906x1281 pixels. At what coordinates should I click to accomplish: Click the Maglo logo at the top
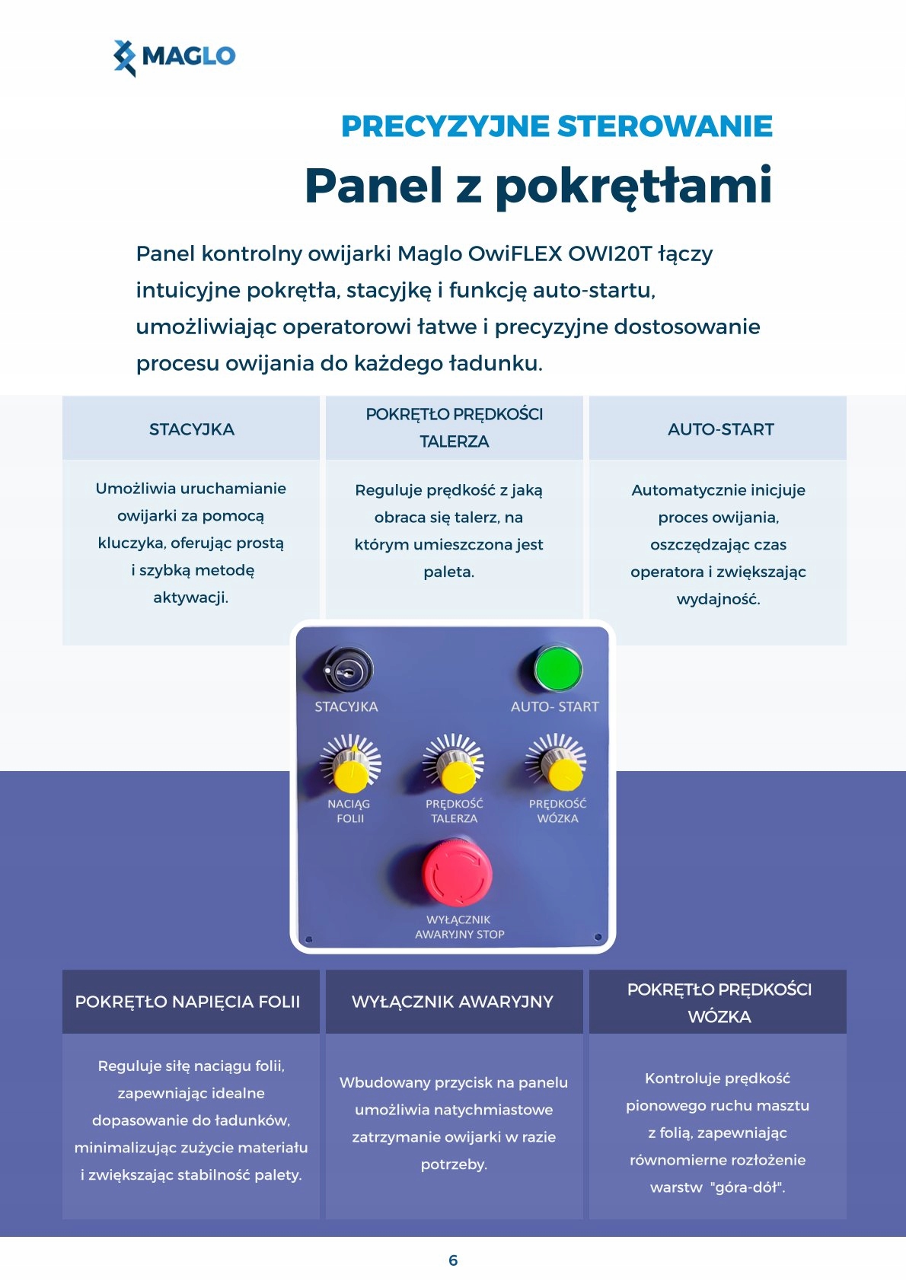click(174, 57)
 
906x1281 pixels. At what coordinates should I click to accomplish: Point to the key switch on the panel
click(348, 670)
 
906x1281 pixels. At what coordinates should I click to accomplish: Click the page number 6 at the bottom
click(453, 1260)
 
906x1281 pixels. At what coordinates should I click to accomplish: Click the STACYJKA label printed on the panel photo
click(346, 707)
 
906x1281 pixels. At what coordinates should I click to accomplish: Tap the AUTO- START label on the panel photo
click(554, 707)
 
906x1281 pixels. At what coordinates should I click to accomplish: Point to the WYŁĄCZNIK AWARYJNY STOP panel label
click(459, 927)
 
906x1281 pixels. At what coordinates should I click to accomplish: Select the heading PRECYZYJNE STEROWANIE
click(557, 126)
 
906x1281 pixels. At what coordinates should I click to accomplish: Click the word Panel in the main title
click(373, 186)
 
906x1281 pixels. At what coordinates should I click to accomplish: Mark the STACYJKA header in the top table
click(192, 429)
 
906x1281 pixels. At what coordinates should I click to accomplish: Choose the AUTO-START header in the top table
click(720, 429)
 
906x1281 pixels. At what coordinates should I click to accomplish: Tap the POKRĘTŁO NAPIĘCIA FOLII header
click(187, 1002)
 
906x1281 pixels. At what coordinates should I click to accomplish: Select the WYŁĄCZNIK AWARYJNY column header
click(452, 1002)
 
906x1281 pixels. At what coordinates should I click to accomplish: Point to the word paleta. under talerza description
click(448, 572)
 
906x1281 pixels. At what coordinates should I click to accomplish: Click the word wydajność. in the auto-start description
click(718, 599)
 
